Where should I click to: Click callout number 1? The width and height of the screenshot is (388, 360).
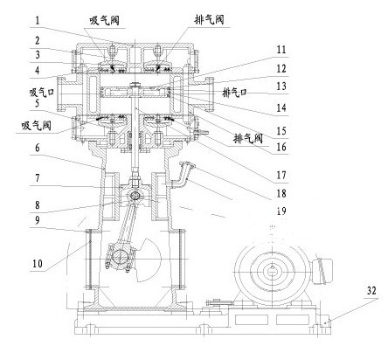(38, 20)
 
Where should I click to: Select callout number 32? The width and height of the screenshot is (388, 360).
(371, 290)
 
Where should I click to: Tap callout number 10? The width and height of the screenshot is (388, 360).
(38, 264)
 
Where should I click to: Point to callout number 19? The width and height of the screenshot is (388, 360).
(281, 211)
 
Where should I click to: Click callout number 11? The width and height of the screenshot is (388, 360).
(281, 50)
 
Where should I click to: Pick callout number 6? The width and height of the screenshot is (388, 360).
(38, 148)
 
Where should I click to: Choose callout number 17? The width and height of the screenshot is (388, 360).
(281, 176)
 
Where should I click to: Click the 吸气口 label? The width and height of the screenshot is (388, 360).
(42, 93)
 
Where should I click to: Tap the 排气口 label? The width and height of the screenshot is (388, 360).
(234, 93)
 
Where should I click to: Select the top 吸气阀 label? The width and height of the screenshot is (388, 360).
(104, 20)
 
